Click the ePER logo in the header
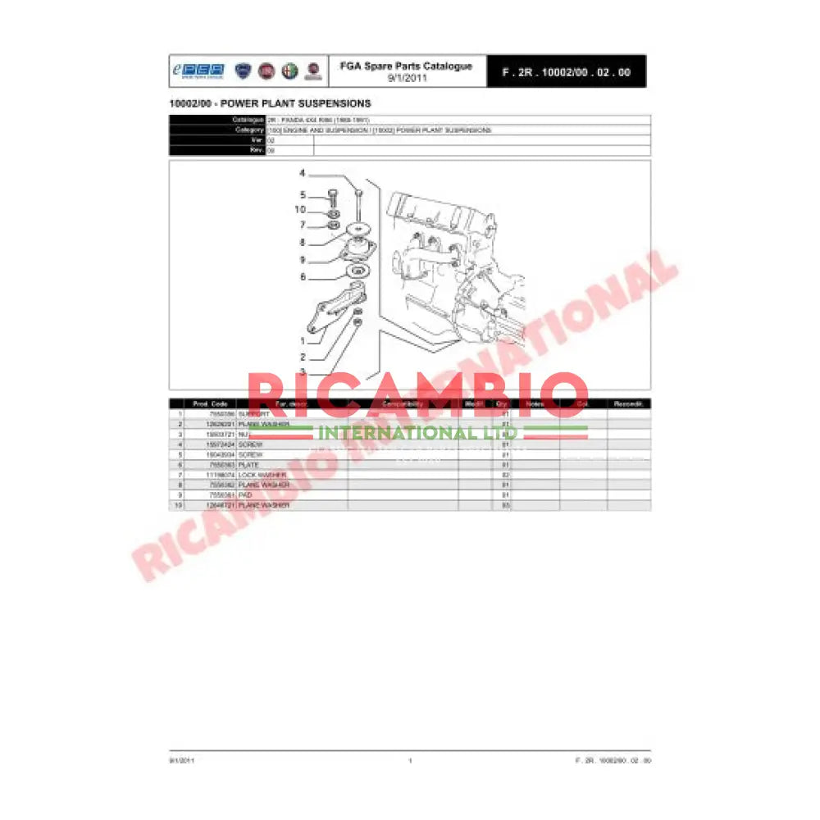point(195,71)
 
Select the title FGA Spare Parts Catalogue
point(406,66)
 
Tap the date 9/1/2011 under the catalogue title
point(406,79)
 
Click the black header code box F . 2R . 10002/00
point(566,72)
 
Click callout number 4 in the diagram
point(302,174)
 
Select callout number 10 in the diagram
point(301,210)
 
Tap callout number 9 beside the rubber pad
point(302,260)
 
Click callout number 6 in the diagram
point(302,277)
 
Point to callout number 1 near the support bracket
point(303,340)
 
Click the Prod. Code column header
point(210,403)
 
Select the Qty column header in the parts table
point(502,403)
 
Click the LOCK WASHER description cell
point(262,475)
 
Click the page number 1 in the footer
point(409,761)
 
